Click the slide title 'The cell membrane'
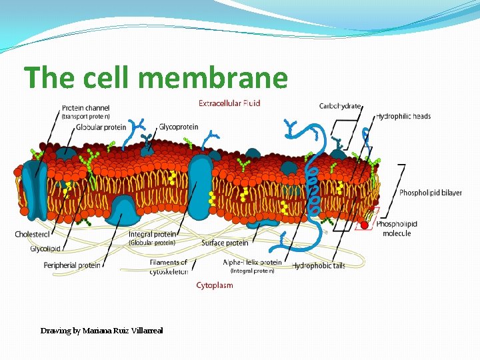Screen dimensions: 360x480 [x=156, y=78]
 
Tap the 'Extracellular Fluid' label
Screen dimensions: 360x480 [x=229, y=103]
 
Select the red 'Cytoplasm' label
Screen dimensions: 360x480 [x=215, y=285]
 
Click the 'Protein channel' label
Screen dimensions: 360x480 [x=85, y=107]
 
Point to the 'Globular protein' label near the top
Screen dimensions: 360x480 [x=101, y=127]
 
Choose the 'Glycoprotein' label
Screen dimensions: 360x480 [x=178, y=127]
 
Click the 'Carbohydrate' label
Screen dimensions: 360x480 [x=340, y=106]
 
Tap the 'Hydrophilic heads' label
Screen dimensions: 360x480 [x=403, y=116]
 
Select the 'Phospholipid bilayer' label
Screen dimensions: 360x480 [x=430, y=193]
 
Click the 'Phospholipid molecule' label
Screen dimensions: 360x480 [x=397, y=229]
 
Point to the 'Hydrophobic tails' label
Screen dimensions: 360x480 [x=319, y=265]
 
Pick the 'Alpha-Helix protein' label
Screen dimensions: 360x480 [x=252, y=263]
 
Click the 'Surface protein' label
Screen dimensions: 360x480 [x=225, y=243]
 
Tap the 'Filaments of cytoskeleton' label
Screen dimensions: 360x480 [x=169, y=267]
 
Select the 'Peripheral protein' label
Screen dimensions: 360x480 [x=72, y=265]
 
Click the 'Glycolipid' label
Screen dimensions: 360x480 [x=45, y=249]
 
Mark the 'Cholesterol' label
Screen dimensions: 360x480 [x=33, y=234]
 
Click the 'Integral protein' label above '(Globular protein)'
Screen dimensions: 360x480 [x=152, y=234]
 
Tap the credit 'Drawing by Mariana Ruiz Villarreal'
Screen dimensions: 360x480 [x=101, y=331]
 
